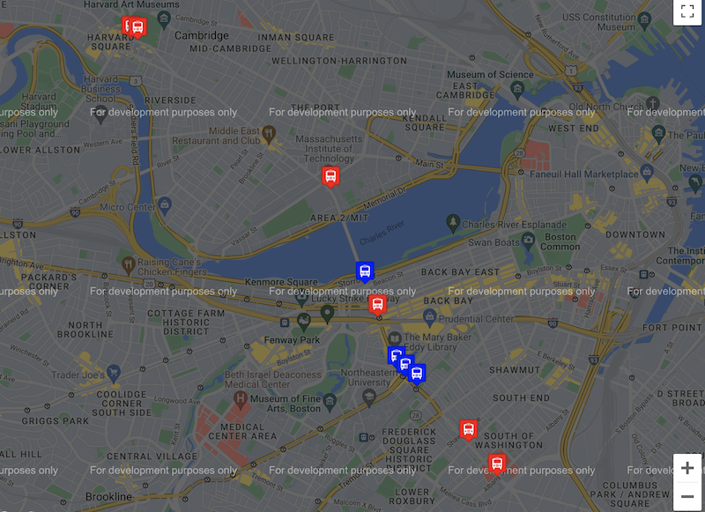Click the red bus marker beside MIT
[330, 176]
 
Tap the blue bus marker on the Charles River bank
[364, 271]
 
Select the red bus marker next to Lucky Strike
[377, 305]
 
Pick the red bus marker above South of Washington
[468, 429]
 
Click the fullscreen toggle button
[686, 12]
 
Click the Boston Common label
[560, 242]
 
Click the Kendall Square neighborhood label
[416, 122]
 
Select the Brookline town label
[108, 497]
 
